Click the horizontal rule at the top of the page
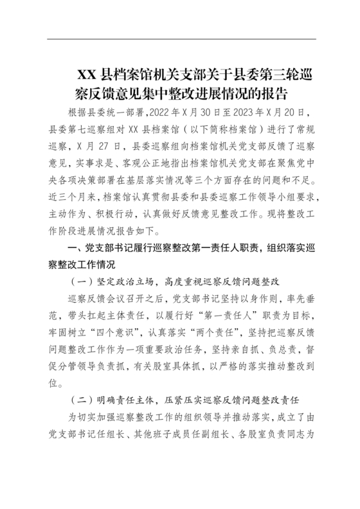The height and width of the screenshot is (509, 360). point(179,38)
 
